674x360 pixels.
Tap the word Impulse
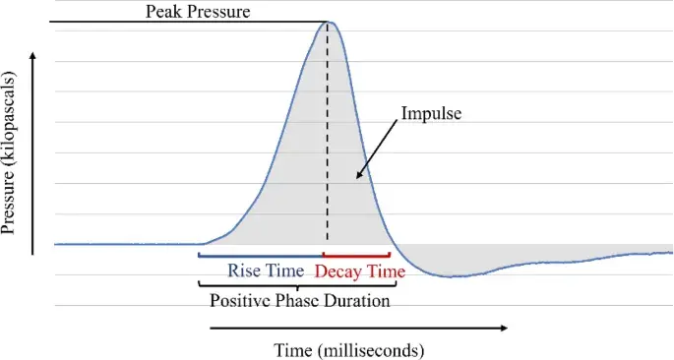coord(431,113)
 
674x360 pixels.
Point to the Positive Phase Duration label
coord(300,300)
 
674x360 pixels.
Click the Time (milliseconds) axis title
coord(348,349)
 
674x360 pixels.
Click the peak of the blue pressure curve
coord(331,22)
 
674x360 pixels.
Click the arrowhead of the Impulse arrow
coord(359,177)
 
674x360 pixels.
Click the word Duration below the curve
coord(358,300)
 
